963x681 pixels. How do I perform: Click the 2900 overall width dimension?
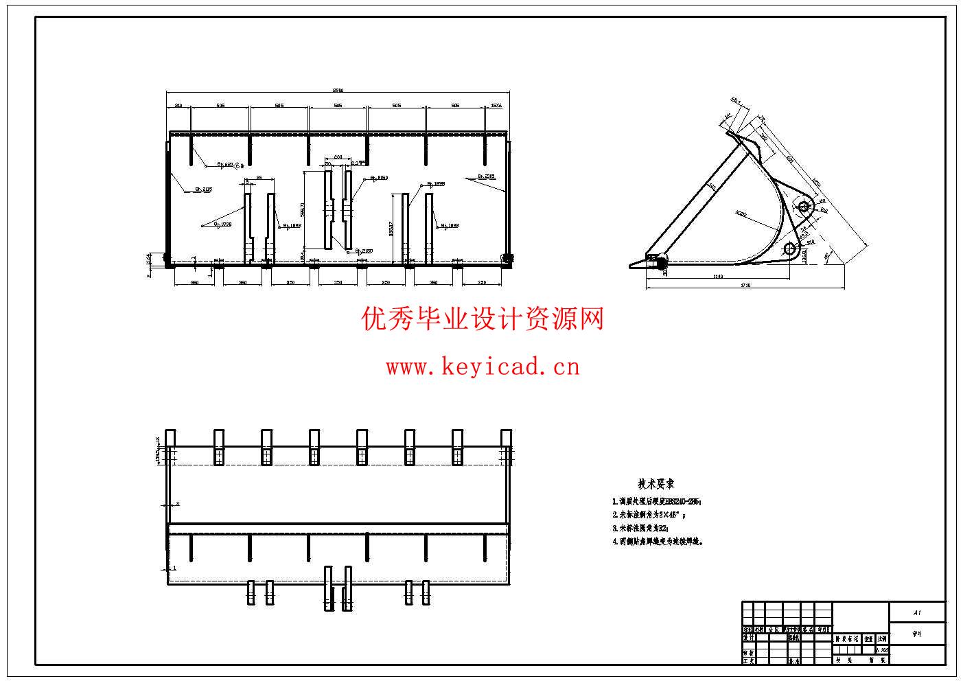coord(338,90)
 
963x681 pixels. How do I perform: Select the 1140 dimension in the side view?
coord(718,276)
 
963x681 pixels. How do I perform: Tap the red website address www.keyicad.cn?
coord(483,367)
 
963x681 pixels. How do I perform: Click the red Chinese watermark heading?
coord(483,319)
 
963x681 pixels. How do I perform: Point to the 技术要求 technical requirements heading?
coord(655,484)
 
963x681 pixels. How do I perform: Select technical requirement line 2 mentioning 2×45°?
coord(649,514)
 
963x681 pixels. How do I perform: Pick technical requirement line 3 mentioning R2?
coord(640,528)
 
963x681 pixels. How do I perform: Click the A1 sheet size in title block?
coord(916,612)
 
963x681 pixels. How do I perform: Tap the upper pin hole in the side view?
coord(804,207)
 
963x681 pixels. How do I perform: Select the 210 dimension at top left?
coord(178,106)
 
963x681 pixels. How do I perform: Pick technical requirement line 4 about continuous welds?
coord(658,541)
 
